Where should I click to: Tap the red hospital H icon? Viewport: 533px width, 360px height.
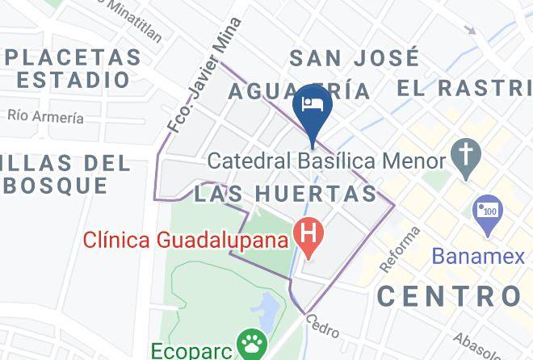tap(308, 234)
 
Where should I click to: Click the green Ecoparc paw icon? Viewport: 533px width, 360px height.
tap(251, 343)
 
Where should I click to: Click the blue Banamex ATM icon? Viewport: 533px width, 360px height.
tap(487, 211)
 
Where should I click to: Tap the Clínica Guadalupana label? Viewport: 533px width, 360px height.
tap(185, 240)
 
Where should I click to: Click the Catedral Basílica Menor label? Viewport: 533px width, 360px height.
tap(326, 161)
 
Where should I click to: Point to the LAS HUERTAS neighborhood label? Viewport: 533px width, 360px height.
tap(285, 194)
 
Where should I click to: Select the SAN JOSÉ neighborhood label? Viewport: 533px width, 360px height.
tap(355, 58)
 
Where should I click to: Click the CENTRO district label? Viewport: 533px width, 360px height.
tap(449, 295)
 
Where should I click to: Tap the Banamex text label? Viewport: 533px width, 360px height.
tap(477, 256)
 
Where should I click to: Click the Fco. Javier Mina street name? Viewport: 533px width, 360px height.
tap(204, 76)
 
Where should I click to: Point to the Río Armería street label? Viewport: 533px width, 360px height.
tap(46, 116)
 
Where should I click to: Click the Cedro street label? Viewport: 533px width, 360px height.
tap(321, 326)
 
